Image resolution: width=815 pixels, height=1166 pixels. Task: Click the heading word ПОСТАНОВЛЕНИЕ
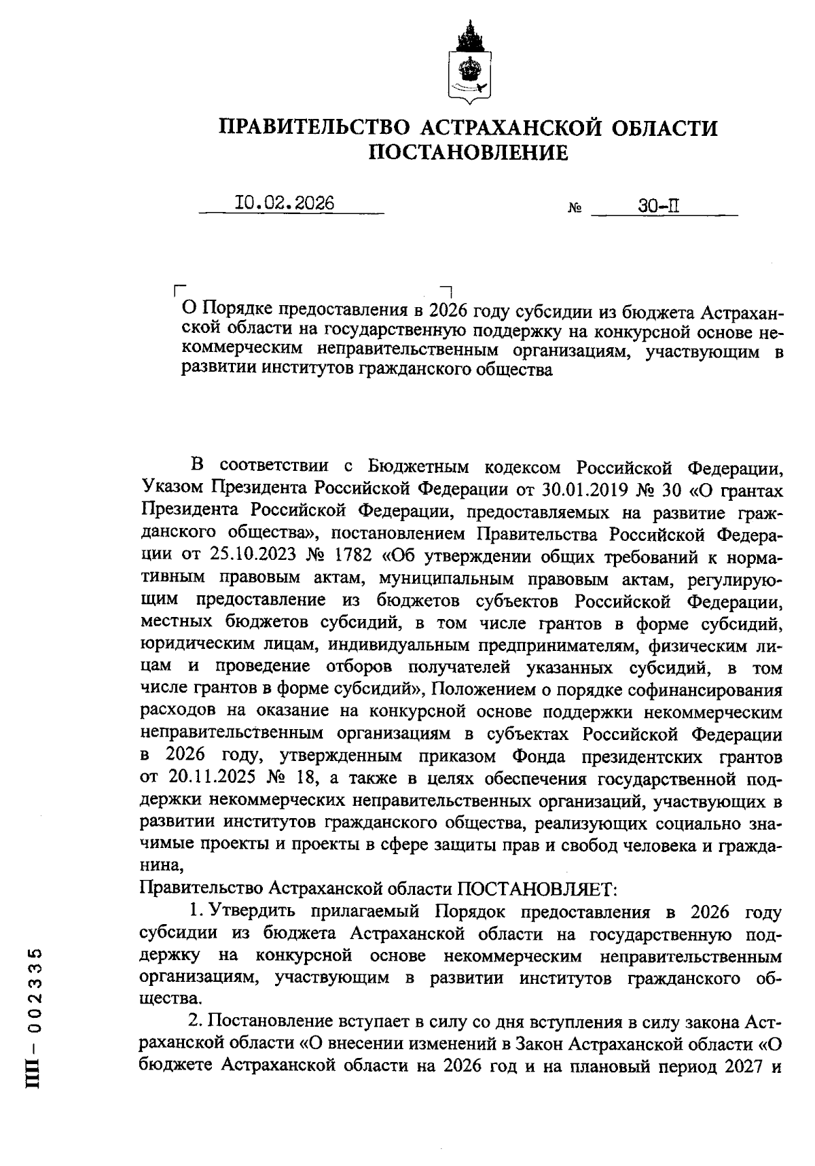point(467,154)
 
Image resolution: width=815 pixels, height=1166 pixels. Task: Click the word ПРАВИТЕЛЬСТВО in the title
point(314,127)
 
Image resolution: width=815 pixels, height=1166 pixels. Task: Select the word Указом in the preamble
point(170,490)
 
